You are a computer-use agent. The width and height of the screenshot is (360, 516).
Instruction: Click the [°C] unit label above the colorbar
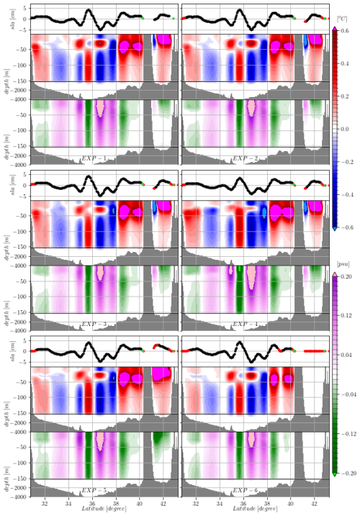coord(343,17)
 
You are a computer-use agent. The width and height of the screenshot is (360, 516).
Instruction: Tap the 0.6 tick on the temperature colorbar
coord(348,31)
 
